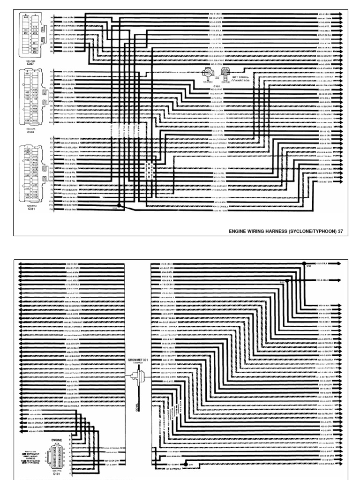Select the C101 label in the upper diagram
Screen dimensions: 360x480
coord(217,86)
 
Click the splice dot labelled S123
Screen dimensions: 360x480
coord(304,263)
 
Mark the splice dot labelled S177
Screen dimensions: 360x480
coord(185,466)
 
